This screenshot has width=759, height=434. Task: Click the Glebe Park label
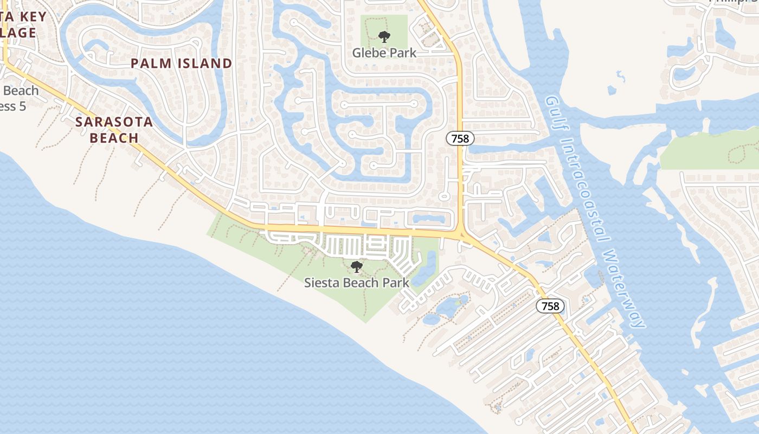point(384,53)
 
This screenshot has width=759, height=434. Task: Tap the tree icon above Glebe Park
point(384,37)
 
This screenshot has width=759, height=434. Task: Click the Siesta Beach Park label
point(356,282)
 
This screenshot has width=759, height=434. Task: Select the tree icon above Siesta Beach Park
point(356,266)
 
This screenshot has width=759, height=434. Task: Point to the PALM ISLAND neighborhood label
point(181,63)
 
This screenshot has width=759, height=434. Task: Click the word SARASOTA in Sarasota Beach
point(114,122)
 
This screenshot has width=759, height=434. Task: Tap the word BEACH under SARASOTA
point(114,138)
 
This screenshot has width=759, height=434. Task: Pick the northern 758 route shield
point(460,138)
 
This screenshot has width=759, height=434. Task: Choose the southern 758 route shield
point(550,306)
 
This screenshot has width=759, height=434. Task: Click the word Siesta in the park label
point(320,282)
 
